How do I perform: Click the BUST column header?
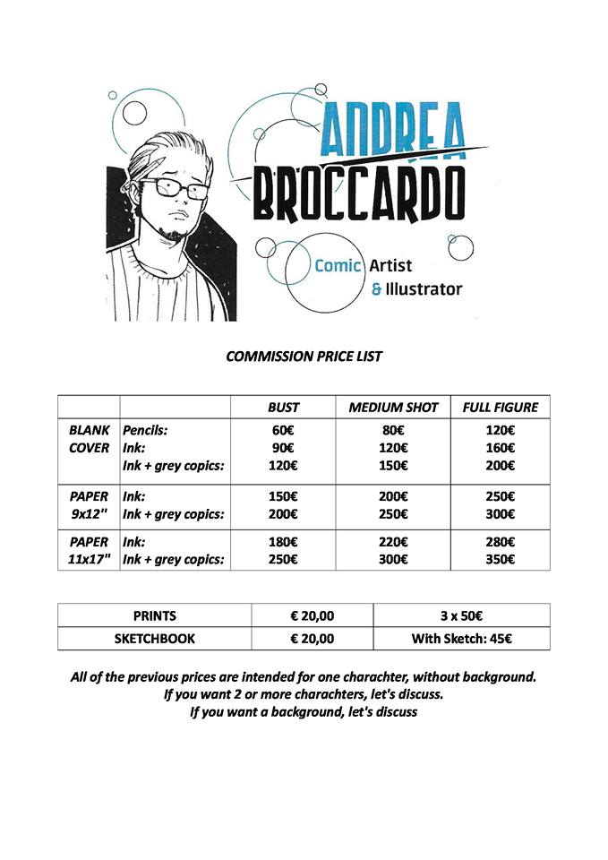coord(284,408)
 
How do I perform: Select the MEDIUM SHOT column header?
coord(393,408)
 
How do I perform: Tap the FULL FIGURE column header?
coord(500,408)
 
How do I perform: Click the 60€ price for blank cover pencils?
coord(284,430)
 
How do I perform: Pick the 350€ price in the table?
coord(500,560)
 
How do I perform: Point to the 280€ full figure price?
coord(500,542)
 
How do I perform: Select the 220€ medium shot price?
coord(393,542)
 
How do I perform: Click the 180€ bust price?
coord(284,542)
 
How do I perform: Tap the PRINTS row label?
coord(155,615)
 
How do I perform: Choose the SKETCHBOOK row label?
coord(155,639)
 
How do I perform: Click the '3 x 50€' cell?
coord(460,615)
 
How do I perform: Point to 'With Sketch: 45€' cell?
coord(460,639)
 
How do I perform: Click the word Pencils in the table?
coord(145,430)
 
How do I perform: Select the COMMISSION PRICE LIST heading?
coord(304,357)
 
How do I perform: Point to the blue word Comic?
coord(338,265)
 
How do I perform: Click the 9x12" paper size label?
coord(89,514)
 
